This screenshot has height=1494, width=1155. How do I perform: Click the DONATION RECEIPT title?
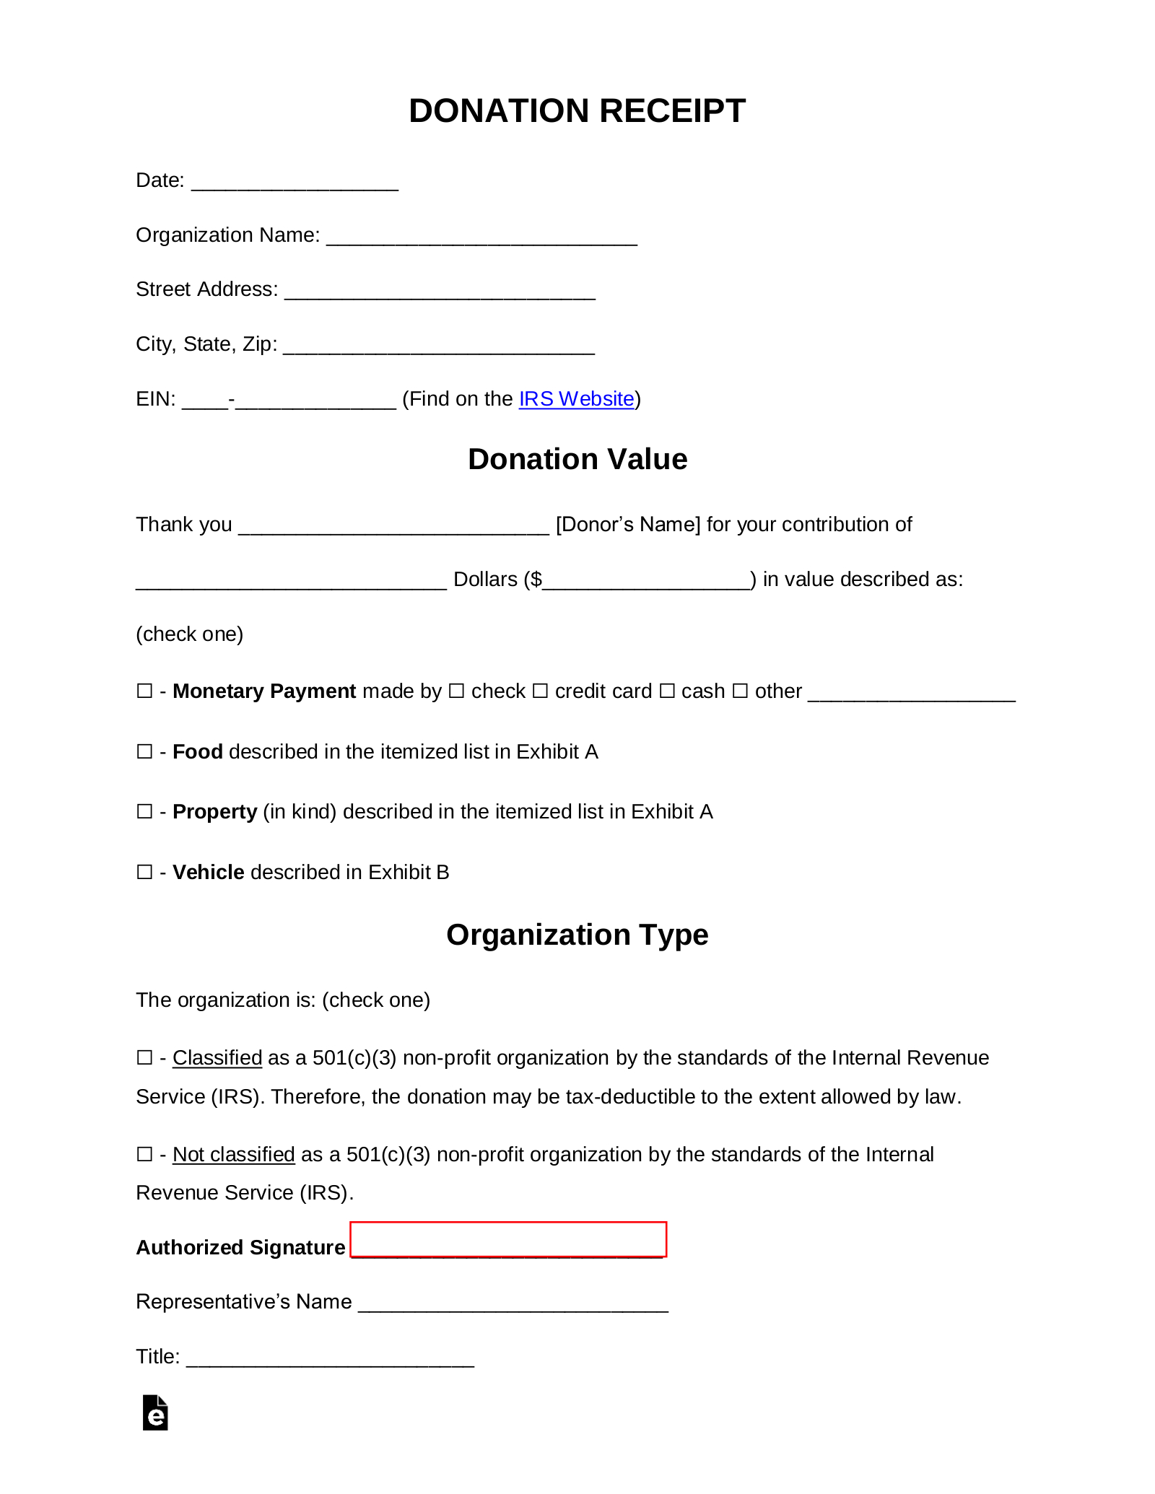click(577, 111)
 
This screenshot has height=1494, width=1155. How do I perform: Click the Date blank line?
click(295, 181)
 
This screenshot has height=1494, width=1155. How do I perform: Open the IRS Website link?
click(576, 399)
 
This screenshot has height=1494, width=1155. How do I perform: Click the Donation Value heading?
click(577, 459)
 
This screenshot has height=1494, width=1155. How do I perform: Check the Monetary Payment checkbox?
click(144, 691)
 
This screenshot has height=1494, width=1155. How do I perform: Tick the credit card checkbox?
click(540, 691)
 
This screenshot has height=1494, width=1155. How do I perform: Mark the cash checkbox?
click(667, 691)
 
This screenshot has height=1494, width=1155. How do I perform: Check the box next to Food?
click(144, 752)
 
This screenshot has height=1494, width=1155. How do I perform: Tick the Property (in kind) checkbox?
click(144, 812)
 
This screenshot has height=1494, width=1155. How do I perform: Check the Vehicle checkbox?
click(144, 873)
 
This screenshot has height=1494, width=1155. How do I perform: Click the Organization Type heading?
click(577, 935)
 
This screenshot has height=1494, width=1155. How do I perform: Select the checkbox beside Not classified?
click(144, 1155)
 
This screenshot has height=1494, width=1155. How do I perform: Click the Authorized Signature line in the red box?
click(507, 1240)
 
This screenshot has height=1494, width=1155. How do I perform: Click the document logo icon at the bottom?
click(155, 1412)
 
